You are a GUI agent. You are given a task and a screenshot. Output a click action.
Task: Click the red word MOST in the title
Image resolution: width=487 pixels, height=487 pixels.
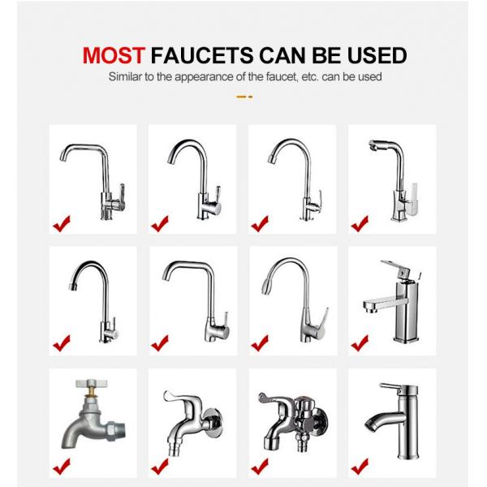coord(114,55)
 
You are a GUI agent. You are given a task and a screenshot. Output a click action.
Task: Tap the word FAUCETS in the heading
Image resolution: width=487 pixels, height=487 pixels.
coord(202,55)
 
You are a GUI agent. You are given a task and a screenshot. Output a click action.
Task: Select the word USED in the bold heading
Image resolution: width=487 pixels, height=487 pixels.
coord(377,55)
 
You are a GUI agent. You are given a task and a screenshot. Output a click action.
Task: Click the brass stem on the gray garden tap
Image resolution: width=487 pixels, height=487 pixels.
coord(90,393)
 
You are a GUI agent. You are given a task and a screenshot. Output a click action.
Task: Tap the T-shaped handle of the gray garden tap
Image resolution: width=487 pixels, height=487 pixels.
coord(91,383)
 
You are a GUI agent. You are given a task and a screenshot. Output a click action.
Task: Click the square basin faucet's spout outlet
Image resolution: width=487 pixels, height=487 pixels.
coord(369,308)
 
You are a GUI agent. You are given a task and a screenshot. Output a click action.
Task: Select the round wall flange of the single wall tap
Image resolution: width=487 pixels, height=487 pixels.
coord(213,423)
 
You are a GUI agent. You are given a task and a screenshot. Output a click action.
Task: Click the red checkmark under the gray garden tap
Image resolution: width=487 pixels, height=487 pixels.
coord(62,466)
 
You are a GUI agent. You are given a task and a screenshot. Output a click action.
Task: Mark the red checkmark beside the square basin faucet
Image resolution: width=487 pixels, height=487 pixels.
coord(360,343)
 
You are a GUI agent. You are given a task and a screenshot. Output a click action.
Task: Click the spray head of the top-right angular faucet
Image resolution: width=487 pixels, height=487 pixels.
coord(375,146)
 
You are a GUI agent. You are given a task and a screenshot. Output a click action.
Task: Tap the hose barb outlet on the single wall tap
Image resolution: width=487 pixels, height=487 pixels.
coord(174,450)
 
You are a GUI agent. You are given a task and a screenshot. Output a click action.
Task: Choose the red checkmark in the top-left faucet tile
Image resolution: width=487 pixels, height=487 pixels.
coord(62,224)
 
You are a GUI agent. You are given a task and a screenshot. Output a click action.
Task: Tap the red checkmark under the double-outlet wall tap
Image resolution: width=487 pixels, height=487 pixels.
coord(260,466)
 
